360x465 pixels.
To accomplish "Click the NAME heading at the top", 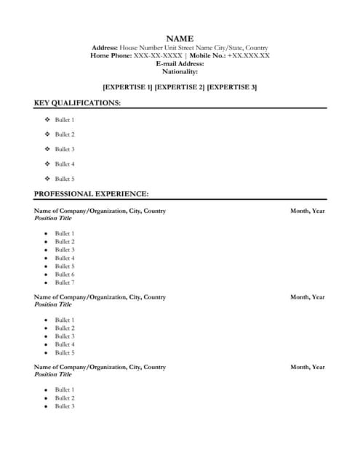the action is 180,38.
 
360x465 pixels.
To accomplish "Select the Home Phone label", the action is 111,55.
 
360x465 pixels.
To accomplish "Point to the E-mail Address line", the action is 180,63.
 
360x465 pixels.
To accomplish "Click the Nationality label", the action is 180,71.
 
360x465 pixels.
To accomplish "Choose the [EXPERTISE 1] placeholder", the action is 127,87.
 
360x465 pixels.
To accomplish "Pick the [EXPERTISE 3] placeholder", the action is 232,87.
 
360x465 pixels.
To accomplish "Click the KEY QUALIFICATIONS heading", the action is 78,103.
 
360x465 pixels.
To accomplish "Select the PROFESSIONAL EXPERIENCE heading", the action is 92,194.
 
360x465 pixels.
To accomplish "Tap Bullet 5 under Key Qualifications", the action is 65,179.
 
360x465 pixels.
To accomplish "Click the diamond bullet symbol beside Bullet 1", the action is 47,120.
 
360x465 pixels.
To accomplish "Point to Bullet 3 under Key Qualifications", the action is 65,149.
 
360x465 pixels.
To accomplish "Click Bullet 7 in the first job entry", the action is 65,283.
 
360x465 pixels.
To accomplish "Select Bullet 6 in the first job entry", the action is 65,275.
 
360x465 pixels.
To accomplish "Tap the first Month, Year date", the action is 308,211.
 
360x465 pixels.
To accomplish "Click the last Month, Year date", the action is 308,368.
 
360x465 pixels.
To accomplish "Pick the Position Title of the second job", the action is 53,304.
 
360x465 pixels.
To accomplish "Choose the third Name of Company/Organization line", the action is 100,368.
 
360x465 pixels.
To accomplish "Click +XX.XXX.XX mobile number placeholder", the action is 249,55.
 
